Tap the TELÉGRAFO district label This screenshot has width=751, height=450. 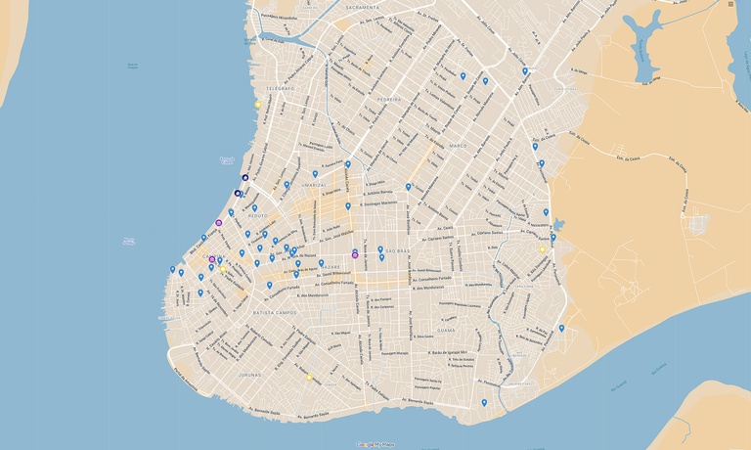click(278, 87)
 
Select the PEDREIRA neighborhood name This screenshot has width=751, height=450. click(388, 99)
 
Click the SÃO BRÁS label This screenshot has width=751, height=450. click(400, 251)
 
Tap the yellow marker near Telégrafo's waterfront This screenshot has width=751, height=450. click(258, 105)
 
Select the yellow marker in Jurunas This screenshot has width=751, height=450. click(310, 377)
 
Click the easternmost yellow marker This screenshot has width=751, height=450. click(543, 249)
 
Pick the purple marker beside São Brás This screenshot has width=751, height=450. click(355, 254)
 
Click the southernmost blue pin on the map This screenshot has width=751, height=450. click(484, 402)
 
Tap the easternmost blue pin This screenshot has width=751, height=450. click(561, 328)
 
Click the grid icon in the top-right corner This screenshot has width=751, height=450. click(730, 5)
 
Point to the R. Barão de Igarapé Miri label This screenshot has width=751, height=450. click(456, 350)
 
